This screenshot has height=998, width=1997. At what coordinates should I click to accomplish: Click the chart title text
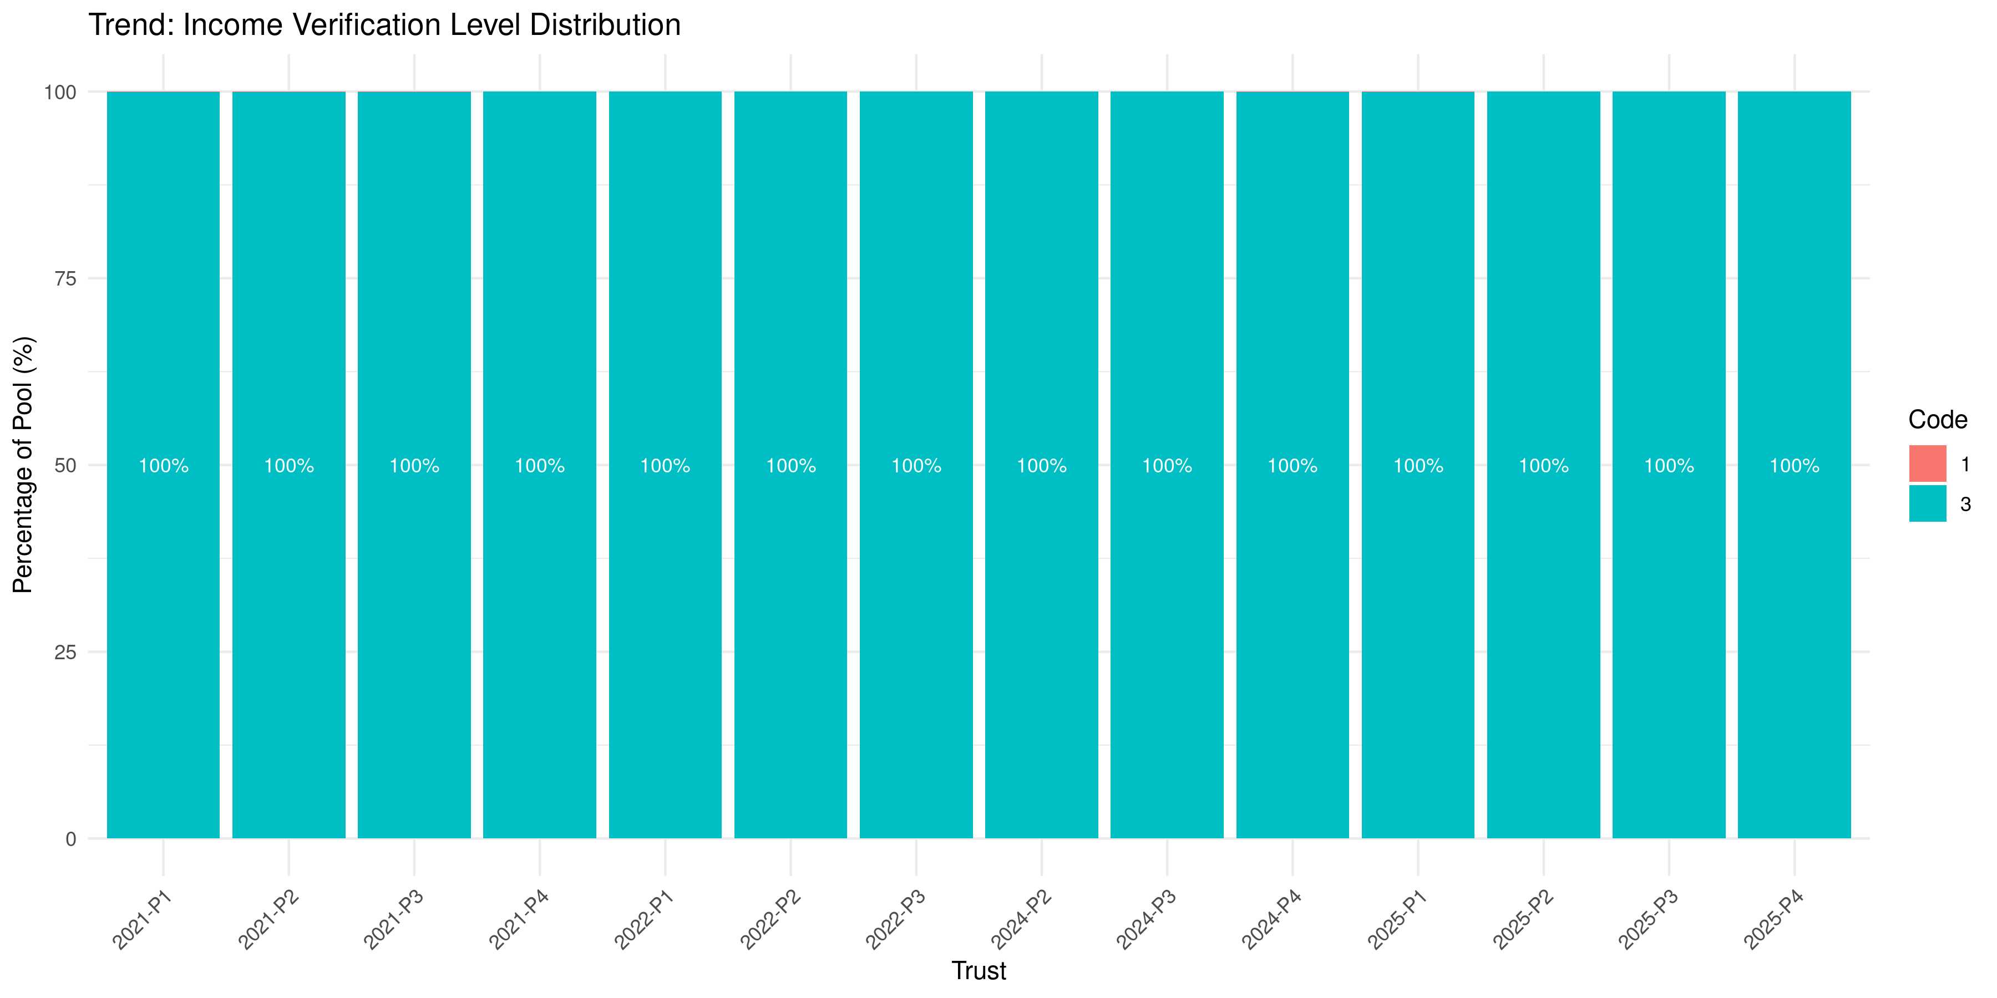click(x=384, y=25)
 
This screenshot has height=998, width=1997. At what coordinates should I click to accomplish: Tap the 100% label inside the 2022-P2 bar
click(x=790, y=466)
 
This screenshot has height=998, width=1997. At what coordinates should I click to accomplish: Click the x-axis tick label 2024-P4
click(x=1271, y=920)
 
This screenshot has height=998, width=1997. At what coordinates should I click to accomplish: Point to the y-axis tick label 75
click(x=65, y=279)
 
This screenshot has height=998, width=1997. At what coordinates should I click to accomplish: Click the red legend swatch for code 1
click(x=1927, y=464)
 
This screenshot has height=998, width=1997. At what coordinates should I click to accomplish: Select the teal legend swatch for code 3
click(x=1927, y=503)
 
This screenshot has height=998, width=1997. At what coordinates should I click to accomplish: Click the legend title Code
click(x=1937, y=419)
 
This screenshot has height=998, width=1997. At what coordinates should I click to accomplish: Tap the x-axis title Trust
click(x=979, y=971)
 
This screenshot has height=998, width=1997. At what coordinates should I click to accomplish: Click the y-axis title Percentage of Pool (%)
click(x=23, y=465)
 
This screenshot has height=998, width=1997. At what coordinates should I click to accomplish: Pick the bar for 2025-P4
click(x=1794, y=620)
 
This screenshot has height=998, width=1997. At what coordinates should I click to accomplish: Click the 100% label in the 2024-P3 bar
click(x=1167, y=466)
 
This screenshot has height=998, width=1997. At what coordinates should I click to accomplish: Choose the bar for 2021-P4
click(x=540, y=620)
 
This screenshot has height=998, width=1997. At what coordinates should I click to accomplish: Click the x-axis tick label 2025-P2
click(x=1523, y=920)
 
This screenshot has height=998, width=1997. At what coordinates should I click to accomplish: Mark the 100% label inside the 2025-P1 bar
click(x=1418, y=466)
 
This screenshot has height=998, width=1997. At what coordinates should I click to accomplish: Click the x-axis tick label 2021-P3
click(x=394, y=920)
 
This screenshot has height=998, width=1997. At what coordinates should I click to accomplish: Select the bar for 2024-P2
click(x=1041, y=620)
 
